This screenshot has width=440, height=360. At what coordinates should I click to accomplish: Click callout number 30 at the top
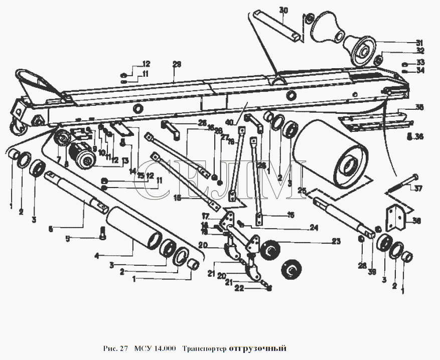(x=283, y=11)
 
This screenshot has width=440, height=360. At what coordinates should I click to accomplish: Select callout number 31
(x=419, y=42)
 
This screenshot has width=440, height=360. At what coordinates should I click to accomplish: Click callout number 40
(x=230, y=122)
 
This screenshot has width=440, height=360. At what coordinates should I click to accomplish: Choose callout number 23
(x=335, y=241)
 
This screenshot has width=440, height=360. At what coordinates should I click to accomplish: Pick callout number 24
(x=313, y=227)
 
